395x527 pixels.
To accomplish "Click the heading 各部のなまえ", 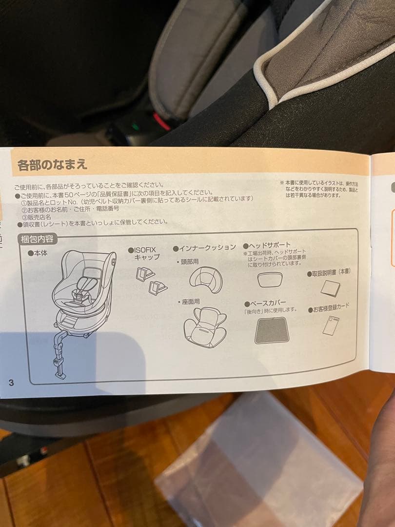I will pyautogui.click(x=52, y=164).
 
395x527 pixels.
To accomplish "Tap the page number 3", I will pyautogui.click(x=11, y=382).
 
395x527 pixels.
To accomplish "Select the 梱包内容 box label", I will pyautogui.click(x=38, y=239).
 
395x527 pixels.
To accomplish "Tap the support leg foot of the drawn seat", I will pyautogui.click(x=60, y=374).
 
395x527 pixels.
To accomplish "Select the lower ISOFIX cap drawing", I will pyautogui.click(x=158, y=288).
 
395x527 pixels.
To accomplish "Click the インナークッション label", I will pyautogui.click(x=204, y=247).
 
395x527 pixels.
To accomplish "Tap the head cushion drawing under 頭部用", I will pyautogui.click(x=205, y=280).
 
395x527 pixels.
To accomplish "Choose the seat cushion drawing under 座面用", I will pyautogui.click(x=205, y=326).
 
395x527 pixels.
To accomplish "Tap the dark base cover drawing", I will pyautogui.click(x=272, y=330).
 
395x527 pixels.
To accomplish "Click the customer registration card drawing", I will pyautogui.click(x=331, y=325).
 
